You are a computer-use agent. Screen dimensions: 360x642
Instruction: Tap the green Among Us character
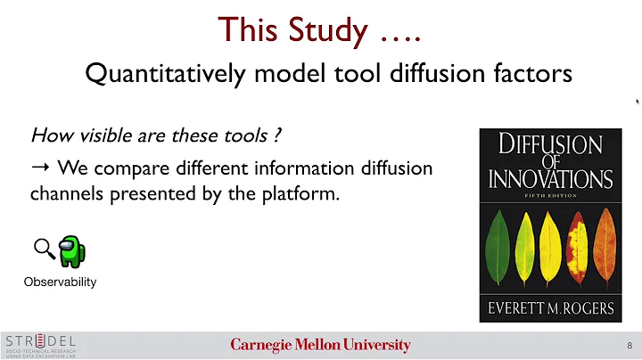point(70,250)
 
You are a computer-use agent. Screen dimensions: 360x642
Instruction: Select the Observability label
point(61,282)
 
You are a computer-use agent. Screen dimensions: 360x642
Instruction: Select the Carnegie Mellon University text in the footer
point(320,345)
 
